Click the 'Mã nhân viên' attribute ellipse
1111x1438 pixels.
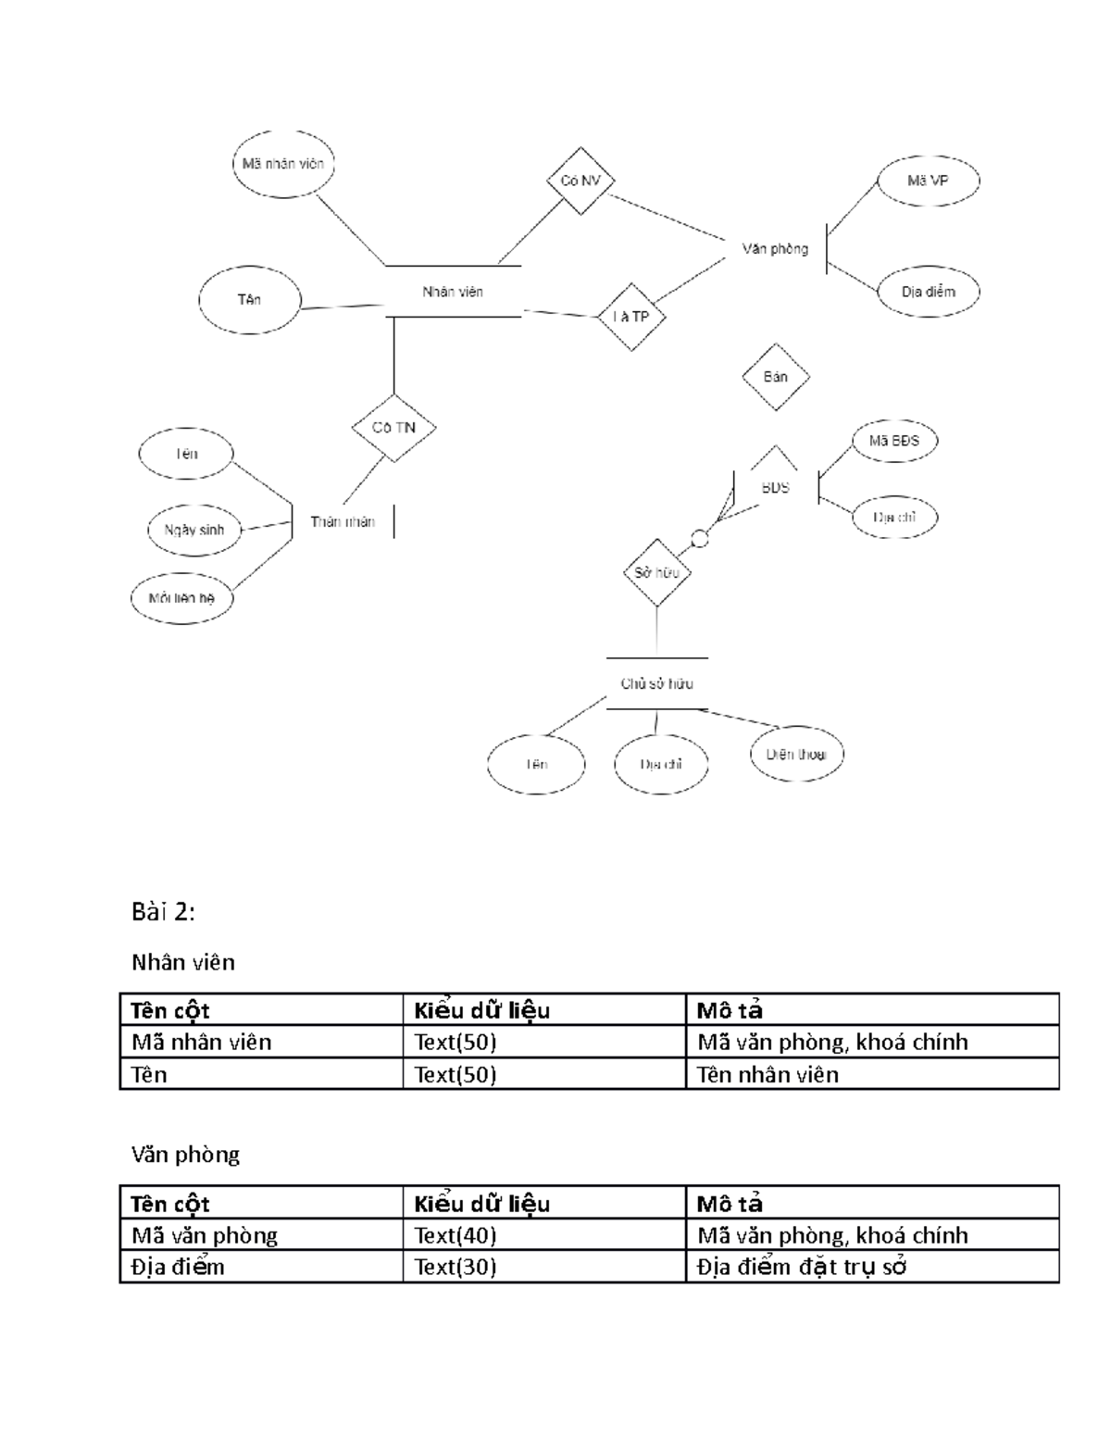point(283,165)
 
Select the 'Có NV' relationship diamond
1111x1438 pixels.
point(580,181)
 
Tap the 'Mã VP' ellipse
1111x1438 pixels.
point(928,181)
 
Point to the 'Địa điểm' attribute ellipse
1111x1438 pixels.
point(928,292)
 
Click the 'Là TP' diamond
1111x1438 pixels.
point(631,317)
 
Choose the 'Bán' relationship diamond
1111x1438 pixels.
point(776,377)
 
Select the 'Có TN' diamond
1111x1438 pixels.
point(394,428)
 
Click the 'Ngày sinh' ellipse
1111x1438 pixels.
point(194,530)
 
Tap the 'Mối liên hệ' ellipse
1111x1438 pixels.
point(181,598)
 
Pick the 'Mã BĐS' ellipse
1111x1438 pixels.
point(893,442)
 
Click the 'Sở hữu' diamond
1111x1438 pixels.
point(657,573)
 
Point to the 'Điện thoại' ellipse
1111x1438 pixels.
point(796,755)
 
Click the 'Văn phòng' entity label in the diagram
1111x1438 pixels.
point(775,249)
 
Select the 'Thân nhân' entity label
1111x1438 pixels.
point(343,522)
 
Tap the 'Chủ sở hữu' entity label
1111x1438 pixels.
point(657,684)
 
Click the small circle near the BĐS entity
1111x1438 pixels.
point(700,538)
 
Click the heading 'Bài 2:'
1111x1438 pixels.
point(163,913)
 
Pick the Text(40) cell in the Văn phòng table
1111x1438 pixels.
point(456,1235)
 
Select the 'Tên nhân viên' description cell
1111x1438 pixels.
point(768,1075)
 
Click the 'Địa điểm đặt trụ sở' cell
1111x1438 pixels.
point(801,1267)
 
